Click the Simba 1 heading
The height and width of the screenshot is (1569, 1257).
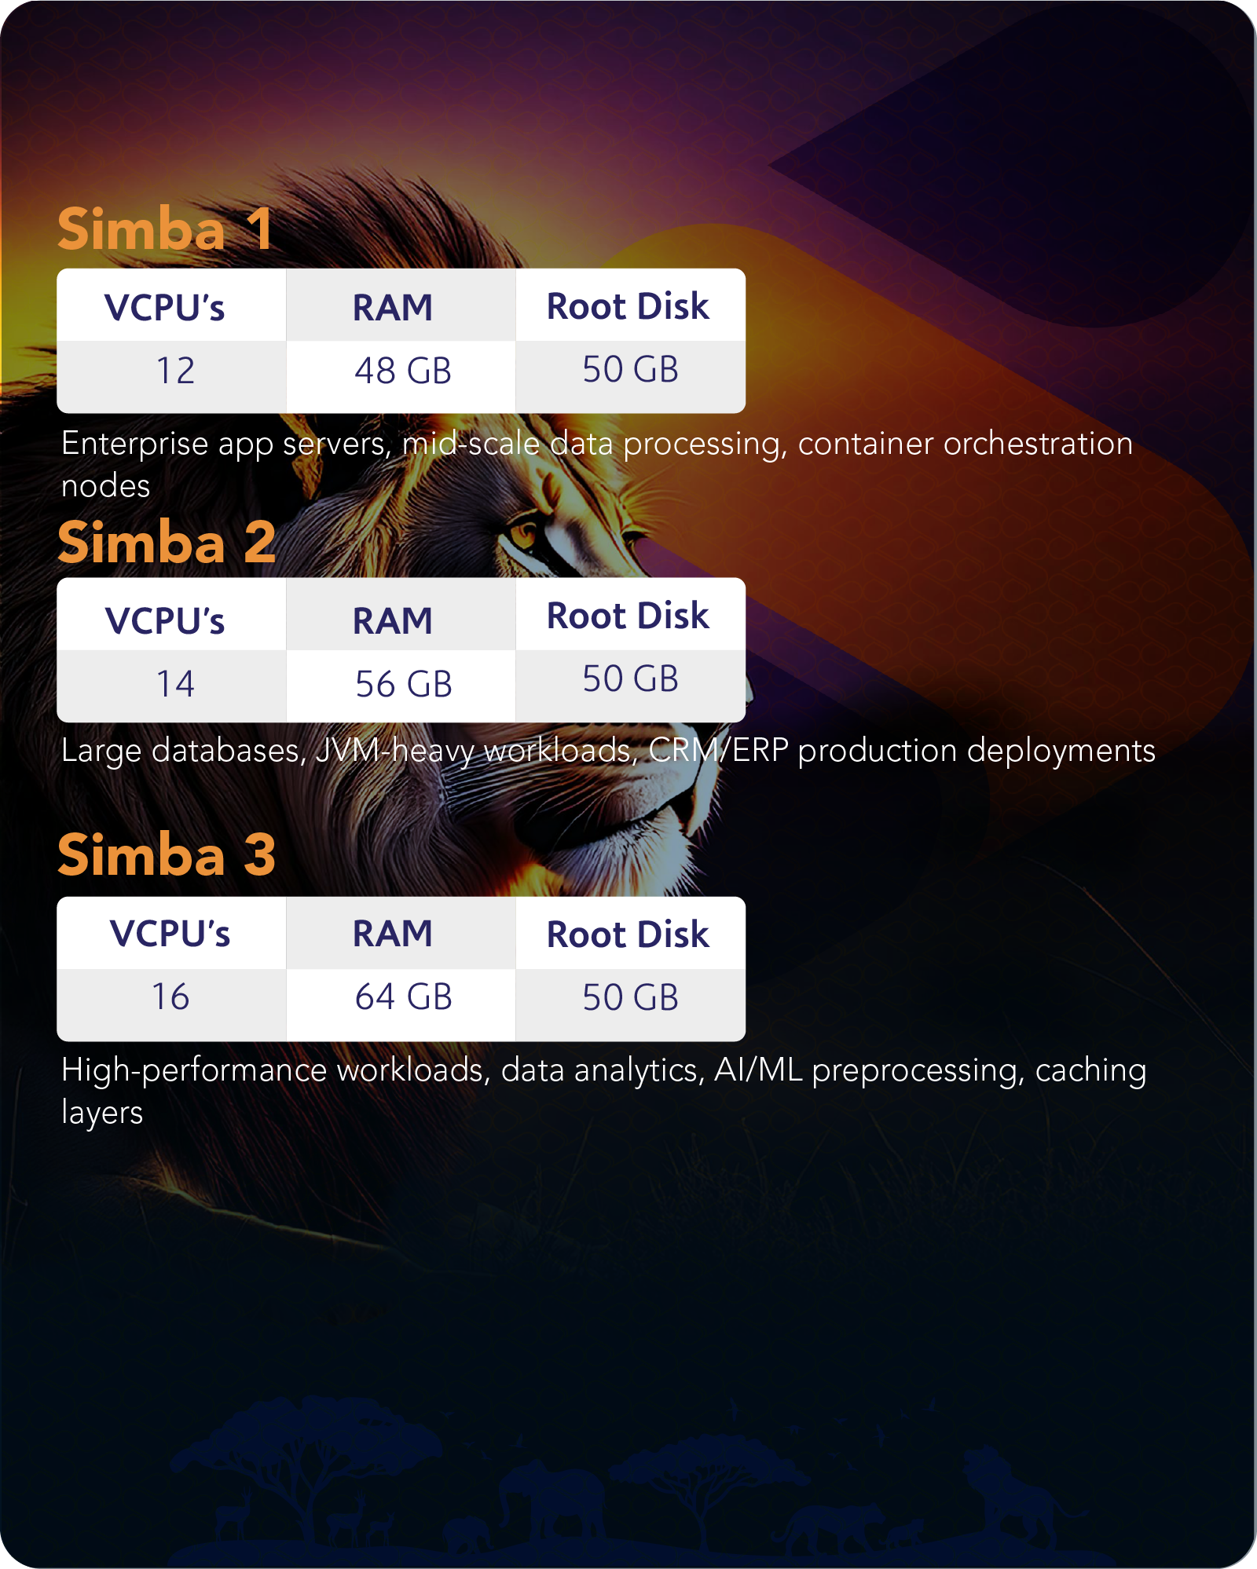(165, 229)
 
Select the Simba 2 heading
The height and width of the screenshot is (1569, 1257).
(167, 543)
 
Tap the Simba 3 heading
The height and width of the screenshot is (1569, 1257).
(167, 855)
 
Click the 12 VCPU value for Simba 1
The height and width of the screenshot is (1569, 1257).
(175, 371)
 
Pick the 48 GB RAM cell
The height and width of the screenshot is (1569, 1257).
(403, 371)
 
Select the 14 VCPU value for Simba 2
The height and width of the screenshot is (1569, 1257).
(175, 684)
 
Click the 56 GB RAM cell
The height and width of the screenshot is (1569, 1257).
(403, 684)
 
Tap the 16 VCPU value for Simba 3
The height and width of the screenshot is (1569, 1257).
(170, 997)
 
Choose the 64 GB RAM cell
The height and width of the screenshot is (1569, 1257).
(403, 997)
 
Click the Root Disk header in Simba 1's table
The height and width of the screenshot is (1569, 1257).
(628, 306)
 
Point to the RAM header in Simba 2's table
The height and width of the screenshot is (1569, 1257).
(392, 621)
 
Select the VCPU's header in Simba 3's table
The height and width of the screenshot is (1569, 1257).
(170, 934)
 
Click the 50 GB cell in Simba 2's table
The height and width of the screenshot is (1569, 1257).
(630, 679)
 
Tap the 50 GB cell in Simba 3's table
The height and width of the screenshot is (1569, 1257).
(630, 997)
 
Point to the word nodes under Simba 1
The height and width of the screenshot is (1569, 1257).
(105, 486)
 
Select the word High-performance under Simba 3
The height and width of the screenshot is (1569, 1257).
(193, 1070)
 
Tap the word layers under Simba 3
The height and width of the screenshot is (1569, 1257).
(102, 1113)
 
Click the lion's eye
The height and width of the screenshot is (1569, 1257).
(521, 536)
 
